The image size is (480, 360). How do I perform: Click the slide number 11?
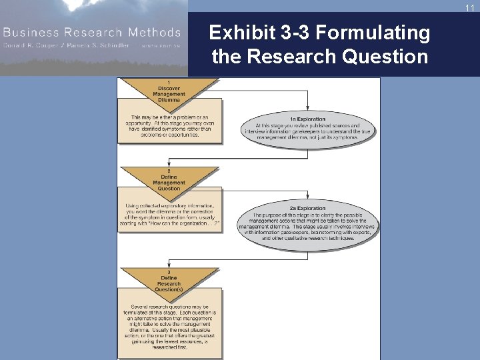(x=469, y=7)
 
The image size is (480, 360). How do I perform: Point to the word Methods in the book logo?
(x=156, y=32)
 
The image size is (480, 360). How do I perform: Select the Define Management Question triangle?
(x=169, y=179)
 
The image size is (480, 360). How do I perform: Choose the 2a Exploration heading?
(x=307, y=209)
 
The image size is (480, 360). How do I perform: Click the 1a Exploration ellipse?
(x=307, y=128)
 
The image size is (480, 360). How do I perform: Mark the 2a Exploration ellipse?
(x=307, y=225)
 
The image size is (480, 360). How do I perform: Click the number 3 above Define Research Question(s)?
(x=169, y=272)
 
